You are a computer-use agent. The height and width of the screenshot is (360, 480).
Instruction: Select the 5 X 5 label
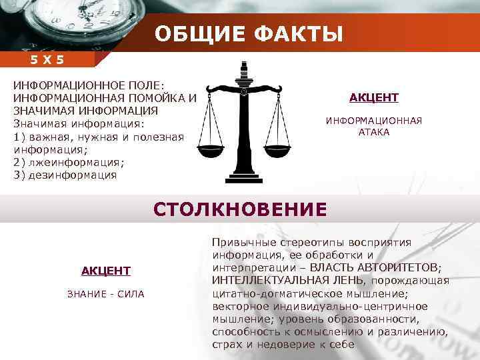pyautogui.click(x=47, y=60)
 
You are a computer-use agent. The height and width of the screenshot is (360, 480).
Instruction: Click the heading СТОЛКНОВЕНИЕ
pyautogui.click(x=240, y=209)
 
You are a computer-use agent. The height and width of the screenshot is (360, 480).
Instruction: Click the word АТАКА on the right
pyautogui.click(x=373, y=132)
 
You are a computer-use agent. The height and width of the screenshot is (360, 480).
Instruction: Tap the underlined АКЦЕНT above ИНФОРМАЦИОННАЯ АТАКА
pyautogui.click(x=373, y=98)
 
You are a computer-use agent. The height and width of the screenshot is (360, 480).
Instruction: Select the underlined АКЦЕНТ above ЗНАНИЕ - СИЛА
pyautogui.click(x=105, y=270)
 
